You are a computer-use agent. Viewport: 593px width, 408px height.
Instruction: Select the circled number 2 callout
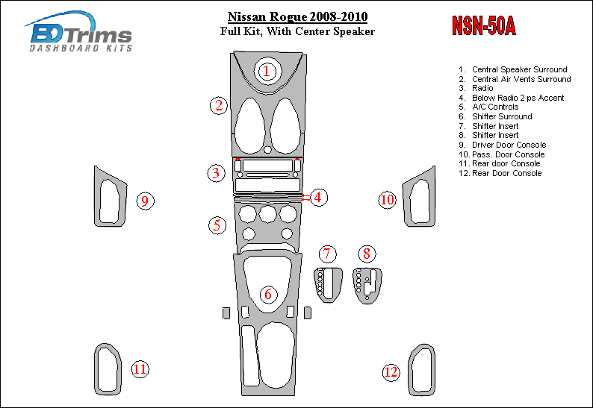[218, 105]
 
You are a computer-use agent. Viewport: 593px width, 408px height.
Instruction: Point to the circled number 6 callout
[267, 295]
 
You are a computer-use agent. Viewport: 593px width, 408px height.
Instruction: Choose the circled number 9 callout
[146, 200]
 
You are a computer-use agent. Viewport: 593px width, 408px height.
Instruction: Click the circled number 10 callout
[387, 199]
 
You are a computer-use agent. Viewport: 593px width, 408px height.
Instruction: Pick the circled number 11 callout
[140, 368]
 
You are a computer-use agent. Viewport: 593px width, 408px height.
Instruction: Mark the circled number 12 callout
[391, 371]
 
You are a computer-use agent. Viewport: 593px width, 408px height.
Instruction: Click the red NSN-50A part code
[483, 27]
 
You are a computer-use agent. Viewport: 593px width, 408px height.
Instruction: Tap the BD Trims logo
[81, 33]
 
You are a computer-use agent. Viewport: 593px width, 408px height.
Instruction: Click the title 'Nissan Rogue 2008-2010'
[297, 16]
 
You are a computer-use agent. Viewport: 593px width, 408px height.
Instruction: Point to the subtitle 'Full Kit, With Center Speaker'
[297, 31]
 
